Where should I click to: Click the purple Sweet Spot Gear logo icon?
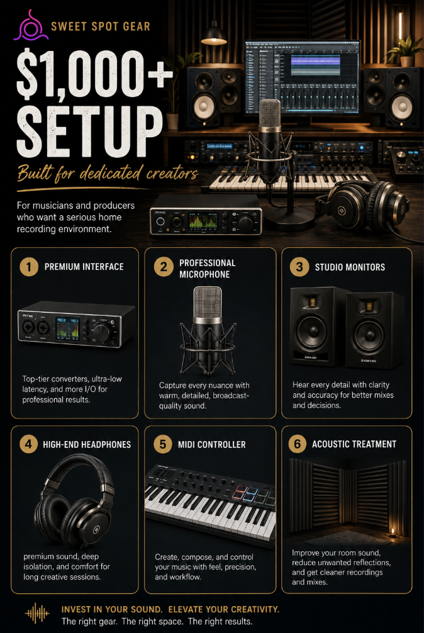coord(30,26)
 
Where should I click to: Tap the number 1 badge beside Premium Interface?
coord(29,266)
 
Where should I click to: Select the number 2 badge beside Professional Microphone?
coord(164,266)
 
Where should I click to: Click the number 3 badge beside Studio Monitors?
coord(299,267)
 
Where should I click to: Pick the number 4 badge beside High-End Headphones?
coord(29,444)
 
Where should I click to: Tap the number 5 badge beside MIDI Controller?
coord(163,444)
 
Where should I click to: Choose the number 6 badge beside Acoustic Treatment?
coord(298,444)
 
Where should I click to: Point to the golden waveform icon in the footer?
coord(37,614)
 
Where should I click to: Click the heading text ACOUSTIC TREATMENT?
coord(354,444)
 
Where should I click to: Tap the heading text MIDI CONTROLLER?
coord(212,444)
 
